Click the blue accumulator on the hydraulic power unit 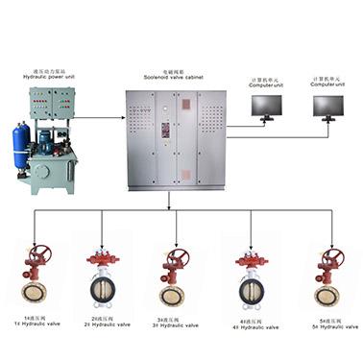click(20, 144)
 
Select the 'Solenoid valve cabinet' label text click(175, 73)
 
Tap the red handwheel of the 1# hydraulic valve click(39, 255)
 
